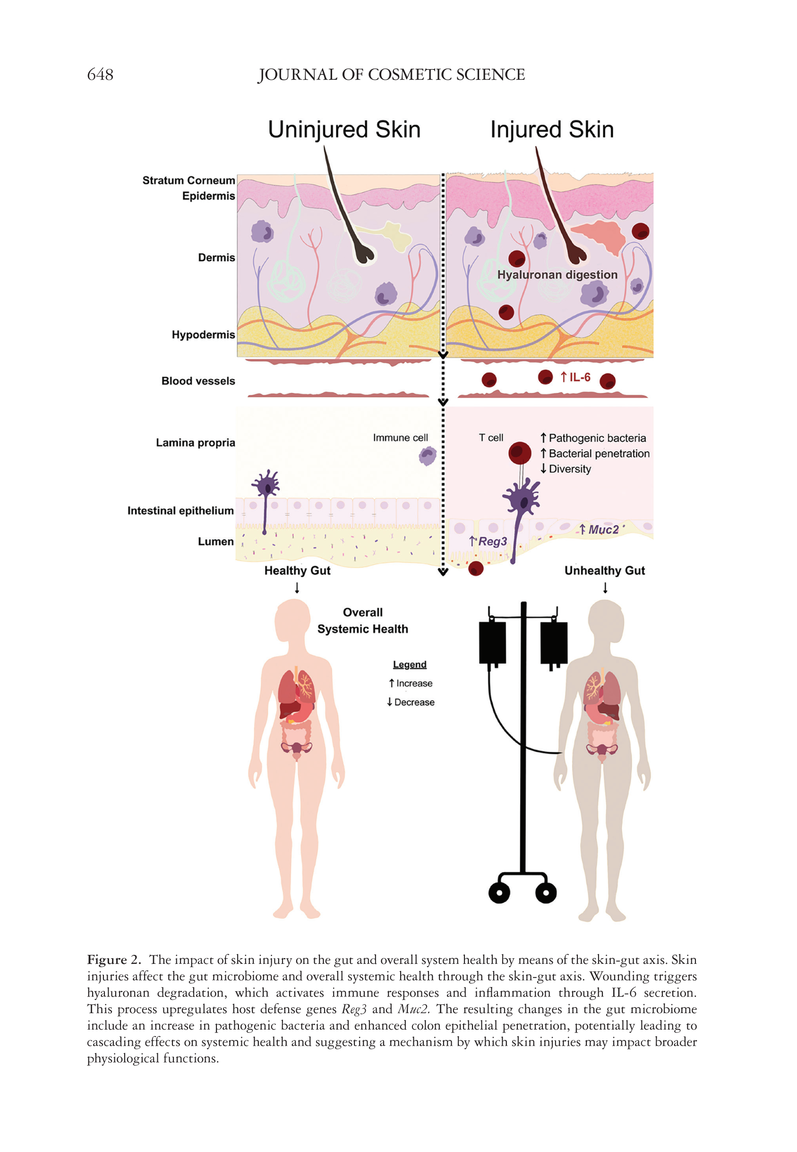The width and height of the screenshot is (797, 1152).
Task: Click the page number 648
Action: [x=100, y=74]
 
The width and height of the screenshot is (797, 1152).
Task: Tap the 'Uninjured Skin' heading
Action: [x=344, y=130]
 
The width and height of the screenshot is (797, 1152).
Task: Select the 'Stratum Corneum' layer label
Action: [x=188, y=181]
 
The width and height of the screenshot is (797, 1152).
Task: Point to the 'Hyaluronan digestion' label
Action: [x=557, y=275]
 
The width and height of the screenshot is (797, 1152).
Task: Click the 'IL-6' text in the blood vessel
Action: [x=579, y=377]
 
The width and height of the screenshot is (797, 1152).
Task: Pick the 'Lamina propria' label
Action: [x=195, y=442]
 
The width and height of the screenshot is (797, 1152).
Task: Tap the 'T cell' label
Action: [x=491, y=438]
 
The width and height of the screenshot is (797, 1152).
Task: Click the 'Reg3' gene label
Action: [x=492, y=542]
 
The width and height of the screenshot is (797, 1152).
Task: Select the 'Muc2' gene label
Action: [x=603, y=529]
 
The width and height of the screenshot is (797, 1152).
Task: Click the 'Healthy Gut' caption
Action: [x=297, y=571]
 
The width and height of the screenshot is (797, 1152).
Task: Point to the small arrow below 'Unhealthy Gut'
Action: [x=605, y=589]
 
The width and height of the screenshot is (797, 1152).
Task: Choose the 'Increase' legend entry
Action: [x=414, y=684]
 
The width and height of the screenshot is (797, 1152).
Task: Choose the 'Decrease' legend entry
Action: [x=414, y=702]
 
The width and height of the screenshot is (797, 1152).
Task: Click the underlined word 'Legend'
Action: [x=410, y=665]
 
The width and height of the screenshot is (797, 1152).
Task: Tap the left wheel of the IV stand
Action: [x=499, y=893]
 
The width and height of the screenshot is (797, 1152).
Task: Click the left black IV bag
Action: [x=492, y=642]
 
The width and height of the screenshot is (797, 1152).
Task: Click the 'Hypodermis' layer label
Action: [x=203, y=335]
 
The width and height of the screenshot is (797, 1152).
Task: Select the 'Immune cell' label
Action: [x=400, y=438]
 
